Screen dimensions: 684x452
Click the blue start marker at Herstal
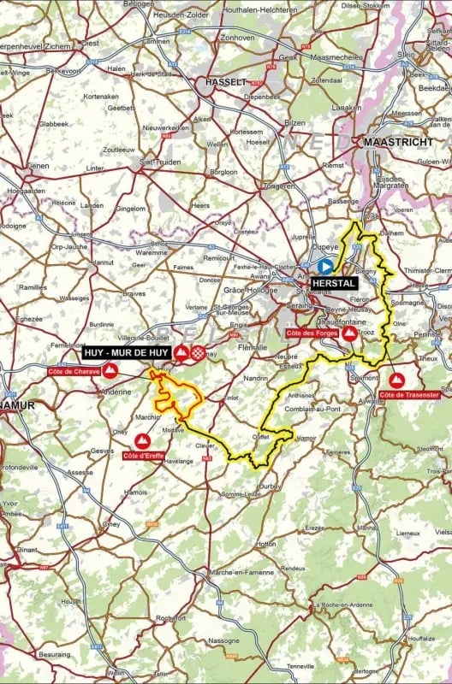click(x=325, y=266)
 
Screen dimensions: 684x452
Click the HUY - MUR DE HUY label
click(x=126, y=351)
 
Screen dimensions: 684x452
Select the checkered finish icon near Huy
click(x=199, y=351)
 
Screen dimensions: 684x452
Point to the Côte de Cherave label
click(x=74, y=372)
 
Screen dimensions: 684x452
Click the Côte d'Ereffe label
click(x=143, y=457)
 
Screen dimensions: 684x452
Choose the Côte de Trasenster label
click(x=410, y=394)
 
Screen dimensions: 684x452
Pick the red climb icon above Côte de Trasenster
click(x=397, y=379)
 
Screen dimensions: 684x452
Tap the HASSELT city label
click(x=226, y=82)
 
